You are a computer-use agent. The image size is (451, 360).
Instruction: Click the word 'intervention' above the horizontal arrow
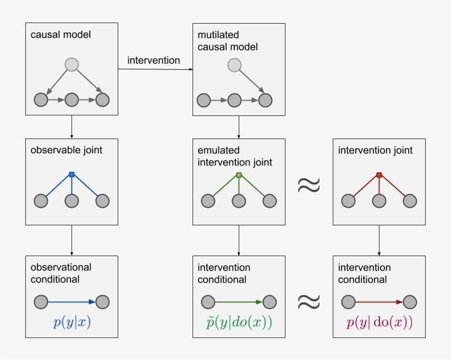(153, 60)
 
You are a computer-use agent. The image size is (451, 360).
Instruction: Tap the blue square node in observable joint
(71, 175)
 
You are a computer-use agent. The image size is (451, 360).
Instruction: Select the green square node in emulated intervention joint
(239, 175)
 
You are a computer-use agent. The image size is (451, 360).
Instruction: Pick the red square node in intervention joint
(379, 175)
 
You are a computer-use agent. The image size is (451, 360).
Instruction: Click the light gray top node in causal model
(71, 65)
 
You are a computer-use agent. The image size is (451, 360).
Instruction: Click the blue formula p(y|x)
(72, 323)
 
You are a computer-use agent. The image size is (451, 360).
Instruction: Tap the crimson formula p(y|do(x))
(379, 323)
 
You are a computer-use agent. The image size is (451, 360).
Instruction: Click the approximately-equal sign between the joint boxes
(309, 185)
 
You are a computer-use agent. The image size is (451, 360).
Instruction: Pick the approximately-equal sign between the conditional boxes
(309, 301)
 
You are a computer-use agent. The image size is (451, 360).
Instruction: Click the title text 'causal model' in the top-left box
(61, 35)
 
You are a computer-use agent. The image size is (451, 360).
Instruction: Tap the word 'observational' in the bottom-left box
(61, 267)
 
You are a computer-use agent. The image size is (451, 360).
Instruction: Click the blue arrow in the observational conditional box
(71, 302)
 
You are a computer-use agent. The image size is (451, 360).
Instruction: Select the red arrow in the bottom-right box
(379, 302)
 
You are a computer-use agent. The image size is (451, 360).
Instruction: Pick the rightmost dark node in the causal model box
(102, 100)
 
